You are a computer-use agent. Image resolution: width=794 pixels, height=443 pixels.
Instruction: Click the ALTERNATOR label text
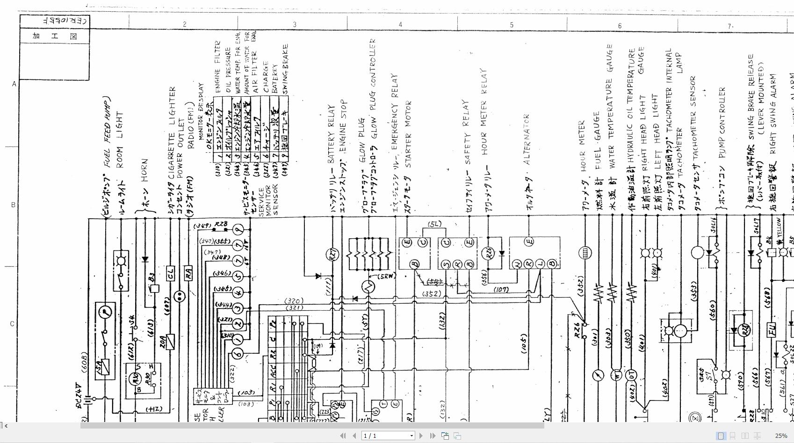[527, 139]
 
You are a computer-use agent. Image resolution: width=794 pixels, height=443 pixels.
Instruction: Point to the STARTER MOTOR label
[408, 134]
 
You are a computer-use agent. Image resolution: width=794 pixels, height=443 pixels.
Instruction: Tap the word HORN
[144, 170]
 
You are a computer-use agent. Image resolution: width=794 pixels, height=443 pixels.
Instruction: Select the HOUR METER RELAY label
[484, 112]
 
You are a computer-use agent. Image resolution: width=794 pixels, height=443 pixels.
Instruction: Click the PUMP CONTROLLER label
[722, 122]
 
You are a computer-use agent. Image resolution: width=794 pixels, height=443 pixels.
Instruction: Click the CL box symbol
[170, 273]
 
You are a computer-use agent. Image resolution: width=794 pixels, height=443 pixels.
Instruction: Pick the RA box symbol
[188, 273]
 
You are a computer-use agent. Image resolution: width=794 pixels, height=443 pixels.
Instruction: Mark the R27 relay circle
[332, 255]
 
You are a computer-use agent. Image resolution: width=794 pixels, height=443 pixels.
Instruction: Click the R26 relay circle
[488, 253]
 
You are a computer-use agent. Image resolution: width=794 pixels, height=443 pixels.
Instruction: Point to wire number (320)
[294, 301]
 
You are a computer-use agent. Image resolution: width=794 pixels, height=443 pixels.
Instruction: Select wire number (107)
[501, 290]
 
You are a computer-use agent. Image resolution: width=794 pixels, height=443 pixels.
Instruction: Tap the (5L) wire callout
[434, 224]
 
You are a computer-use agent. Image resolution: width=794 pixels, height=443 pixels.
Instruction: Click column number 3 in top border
[295, 24]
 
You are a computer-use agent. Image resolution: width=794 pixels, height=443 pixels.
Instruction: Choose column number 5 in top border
[512, 25]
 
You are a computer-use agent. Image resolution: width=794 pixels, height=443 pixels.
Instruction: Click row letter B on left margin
[13, 205]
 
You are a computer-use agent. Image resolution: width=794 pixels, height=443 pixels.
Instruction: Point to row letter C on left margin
[12, 323]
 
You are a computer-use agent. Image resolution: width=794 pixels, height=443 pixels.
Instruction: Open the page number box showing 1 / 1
[389, 436]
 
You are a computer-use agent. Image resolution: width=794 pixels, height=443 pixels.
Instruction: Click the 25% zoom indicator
[780, 436]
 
